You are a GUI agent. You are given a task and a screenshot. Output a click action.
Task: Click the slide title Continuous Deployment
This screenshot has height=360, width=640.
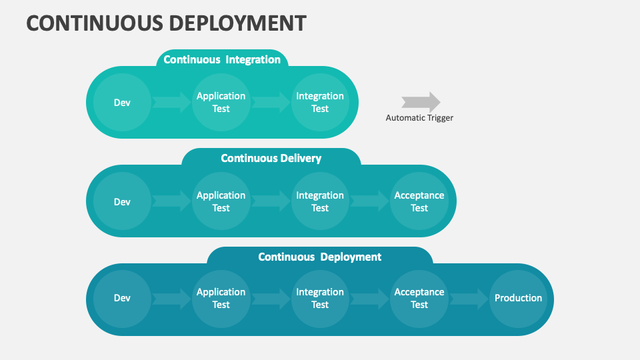166,23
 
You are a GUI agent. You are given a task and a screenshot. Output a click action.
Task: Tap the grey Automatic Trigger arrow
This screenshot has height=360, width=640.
421,102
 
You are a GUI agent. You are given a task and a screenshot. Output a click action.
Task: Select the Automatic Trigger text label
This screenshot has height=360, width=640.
419,118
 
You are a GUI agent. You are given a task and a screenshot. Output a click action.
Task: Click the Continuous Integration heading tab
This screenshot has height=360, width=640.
222,59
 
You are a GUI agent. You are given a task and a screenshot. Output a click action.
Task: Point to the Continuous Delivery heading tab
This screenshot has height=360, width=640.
271,158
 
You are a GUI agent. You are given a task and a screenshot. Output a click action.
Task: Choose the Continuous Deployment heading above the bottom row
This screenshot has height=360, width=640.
319,257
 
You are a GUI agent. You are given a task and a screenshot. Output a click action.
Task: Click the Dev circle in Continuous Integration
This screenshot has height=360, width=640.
122,103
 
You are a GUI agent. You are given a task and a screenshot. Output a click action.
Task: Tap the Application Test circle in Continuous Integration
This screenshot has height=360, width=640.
221,103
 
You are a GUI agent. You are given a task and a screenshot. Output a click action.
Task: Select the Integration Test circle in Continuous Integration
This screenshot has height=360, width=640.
320,103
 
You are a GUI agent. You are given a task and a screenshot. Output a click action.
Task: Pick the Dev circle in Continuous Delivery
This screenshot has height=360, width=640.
122,201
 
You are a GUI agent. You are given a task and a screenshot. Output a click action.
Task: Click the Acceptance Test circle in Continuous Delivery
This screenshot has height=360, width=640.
419,201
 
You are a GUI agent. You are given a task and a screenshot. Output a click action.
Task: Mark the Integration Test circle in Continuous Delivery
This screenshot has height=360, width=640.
320,201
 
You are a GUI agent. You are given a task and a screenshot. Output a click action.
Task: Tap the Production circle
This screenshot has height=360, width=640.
519,299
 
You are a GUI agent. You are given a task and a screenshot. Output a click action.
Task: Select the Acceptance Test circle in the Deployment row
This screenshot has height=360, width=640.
419,299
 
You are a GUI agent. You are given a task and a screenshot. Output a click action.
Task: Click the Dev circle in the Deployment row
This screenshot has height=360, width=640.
122,299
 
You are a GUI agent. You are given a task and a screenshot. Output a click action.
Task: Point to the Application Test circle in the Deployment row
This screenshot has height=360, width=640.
221,299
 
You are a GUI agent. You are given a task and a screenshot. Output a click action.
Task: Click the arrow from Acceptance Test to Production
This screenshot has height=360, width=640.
469,299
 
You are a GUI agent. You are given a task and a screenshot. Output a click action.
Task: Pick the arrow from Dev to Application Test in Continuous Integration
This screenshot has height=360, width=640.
171,103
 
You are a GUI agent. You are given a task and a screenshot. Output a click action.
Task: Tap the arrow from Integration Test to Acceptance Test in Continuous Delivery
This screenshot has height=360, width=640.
370,201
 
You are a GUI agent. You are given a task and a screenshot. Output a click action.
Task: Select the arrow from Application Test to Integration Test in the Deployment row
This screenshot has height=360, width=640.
271,299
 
